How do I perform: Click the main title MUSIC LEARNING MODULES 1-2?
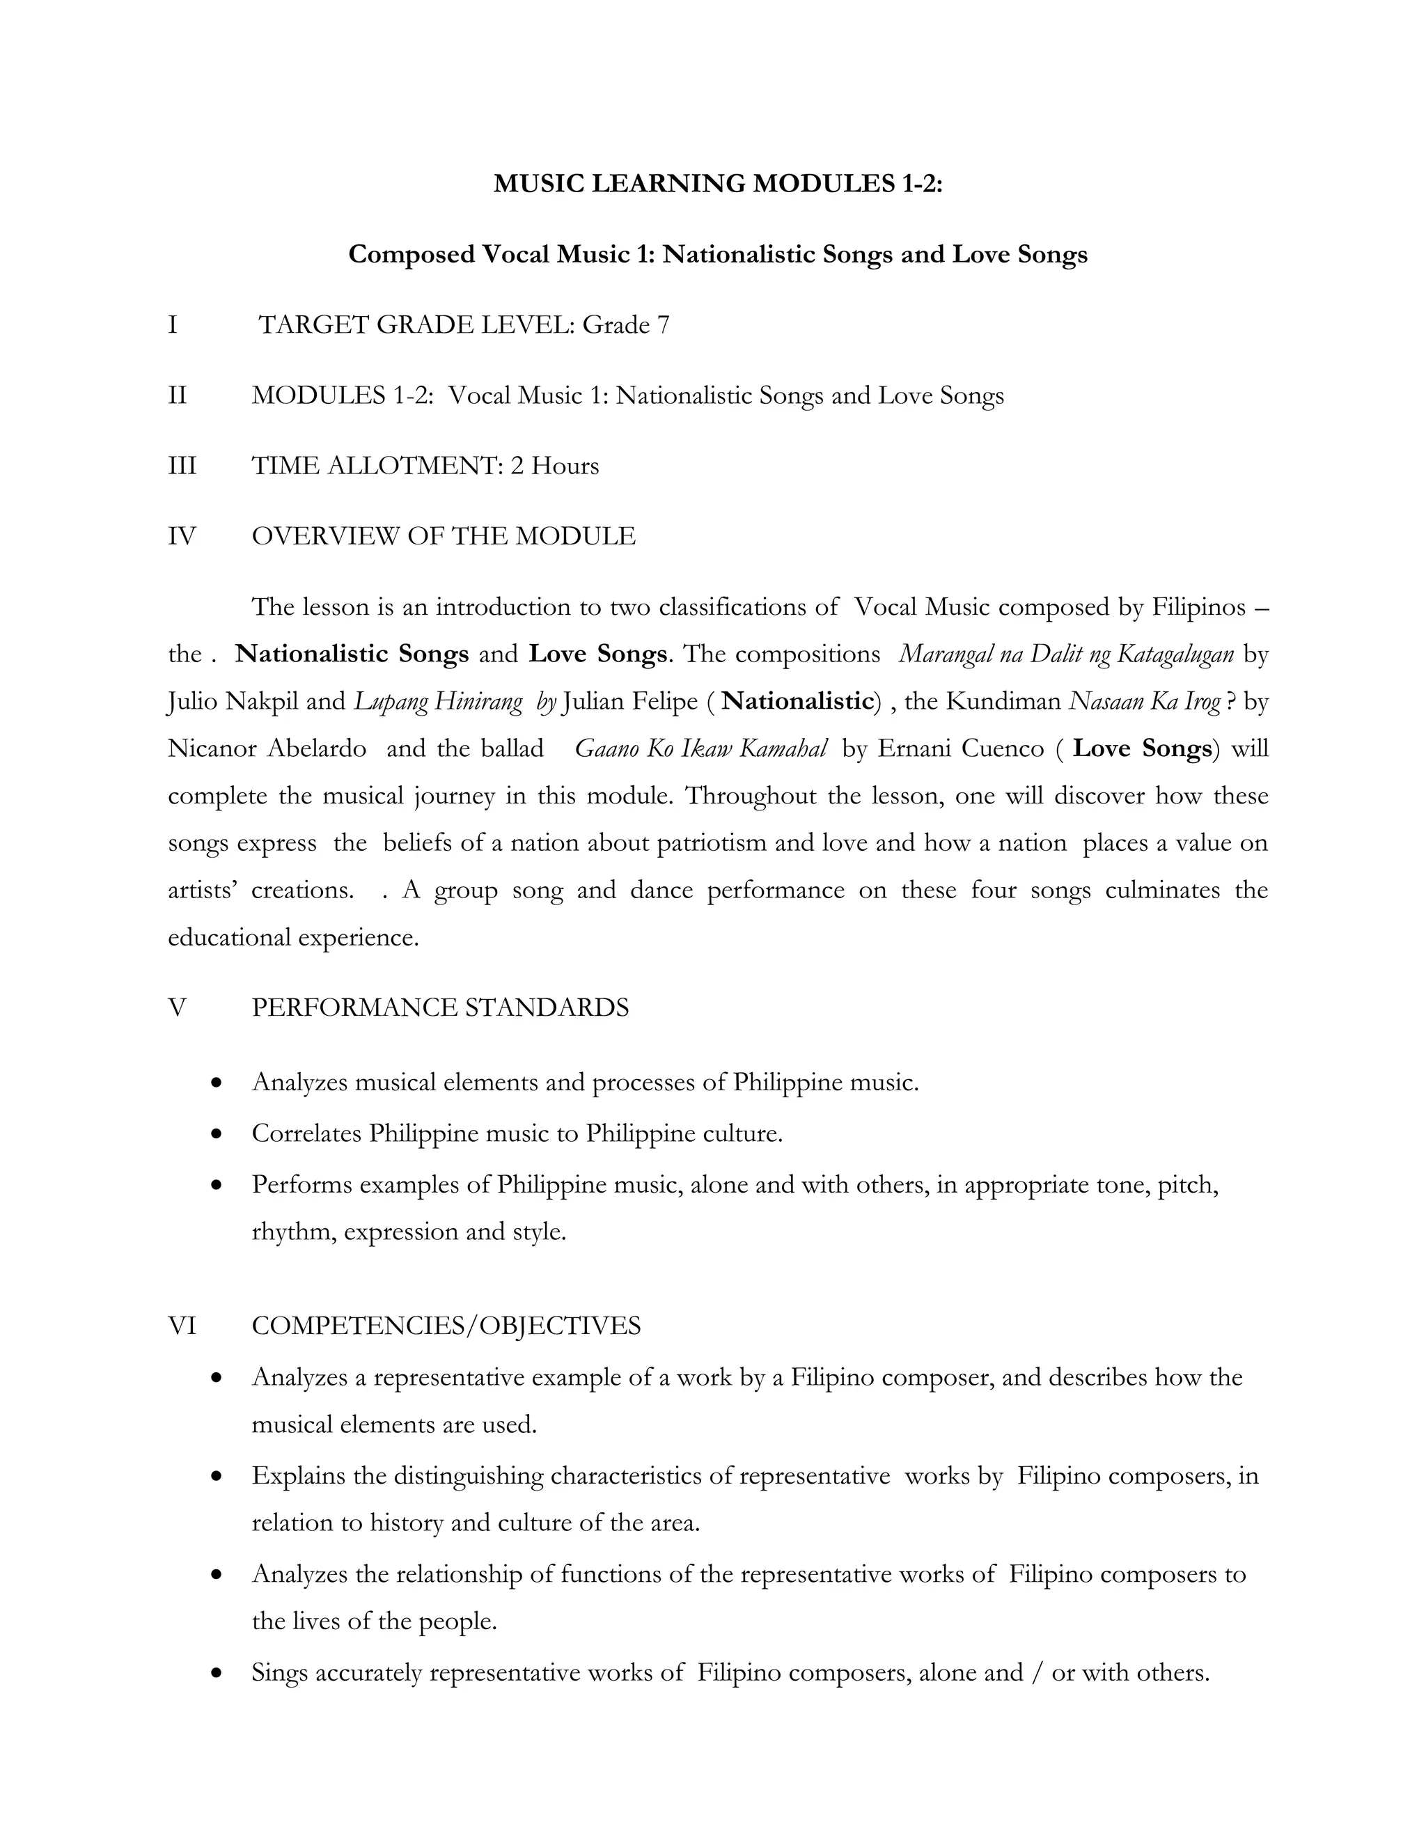point(717,183)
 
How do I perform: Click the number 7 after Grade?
point(662,325)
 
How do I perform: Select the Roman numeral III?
point(182,466)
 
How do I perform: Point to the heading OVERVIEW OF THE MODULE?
point(443,536)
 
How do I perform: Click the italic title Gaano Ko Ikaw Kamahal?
point(700,748)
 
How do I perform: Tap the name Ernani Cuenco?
point(960,748)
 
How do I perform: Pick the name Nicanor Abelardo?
point(267,748)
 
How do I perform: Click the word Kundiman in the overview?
point(1003,701)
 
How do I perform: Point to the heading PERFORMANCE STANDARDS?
point(439,1008)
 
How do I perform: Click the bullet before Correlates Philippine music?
point(217,1133)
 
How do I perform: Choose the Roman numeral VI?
point(182,1326)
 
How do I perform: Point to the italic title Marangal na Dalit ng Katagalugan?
point(1065,654)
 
